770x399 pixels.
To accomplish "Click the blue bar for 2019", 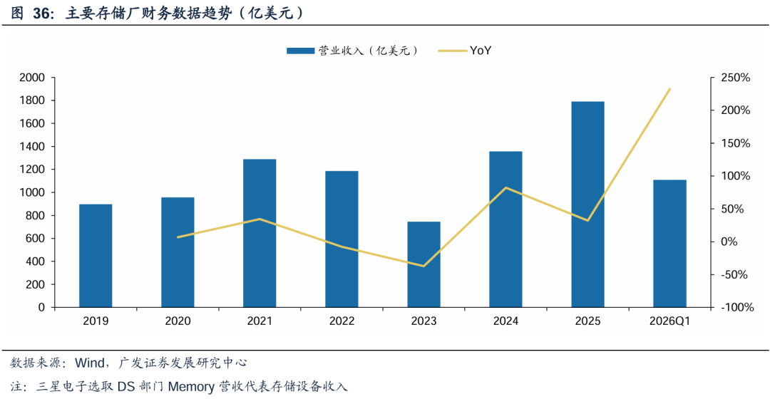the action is pyautogui.click(x=96, y=256).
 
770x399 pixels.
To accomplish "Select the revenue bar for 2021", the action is pyautogui.click(x=260, y=233).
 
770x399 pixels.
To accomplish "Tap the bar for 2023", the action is pyautogui.click(x=423, y=264).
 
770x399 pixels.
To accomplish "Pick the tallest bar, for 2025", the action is pyautogui.click(x=587, y=204).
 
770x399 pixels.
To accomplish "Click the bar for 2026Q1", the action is pyautogui.click(x=669, y=244).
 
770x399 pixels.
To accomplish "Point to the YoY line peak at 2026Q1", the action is pyautogui.click(x=669, y=89).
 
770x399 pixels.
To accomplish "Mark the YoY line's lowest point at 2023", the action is pyautogui.click(x=423, y=266).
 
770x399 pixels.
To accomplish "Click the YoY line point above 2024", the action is pyautogui.click(x=505, y=187).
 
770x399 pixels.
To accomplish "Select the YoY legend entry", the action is pyautogui.click(x=465, y=51).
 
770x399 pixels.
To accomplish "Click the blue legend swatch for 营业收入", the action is pyautogui.click(x=301, y=51).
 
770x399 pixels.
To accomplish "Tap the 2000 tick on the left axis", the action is pyautogui.click(x=32, y=78).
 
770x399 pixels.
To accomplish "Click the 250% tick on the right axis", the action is pyautogui.click(x=735, y=78).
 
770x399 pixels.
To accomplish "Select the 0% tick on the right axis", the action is pyautogui.click(x=729, y=242).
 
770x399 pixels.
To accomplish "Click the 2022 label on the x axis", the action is pyautogui.click(x=342, y=321).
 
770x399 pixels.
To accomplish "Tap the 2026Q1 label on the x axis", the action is pyautogui.click(x=669, y=321).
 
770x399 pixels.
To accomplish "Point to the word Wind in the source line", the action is pyautogui.click(x=89, y=363).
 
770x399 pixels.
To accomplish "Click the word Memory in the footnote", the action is pyautogui.click(x=191, y=387).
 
